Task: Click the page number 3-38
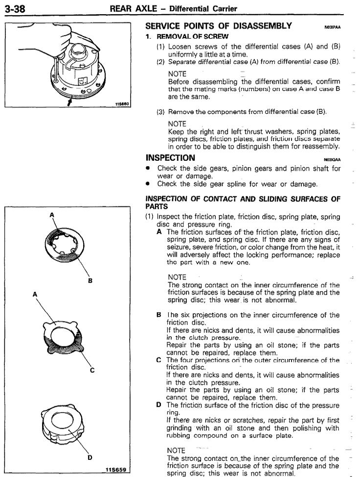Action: tap(16, 8)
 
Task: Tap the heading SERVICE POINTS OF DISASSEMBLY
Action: tap(219, 26)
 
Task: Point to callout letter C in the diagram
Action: tap(92, 369)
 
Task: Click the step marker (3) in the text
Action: tap(160, 112)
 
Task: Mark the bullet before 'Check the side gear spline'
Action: tap(149, 184)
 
